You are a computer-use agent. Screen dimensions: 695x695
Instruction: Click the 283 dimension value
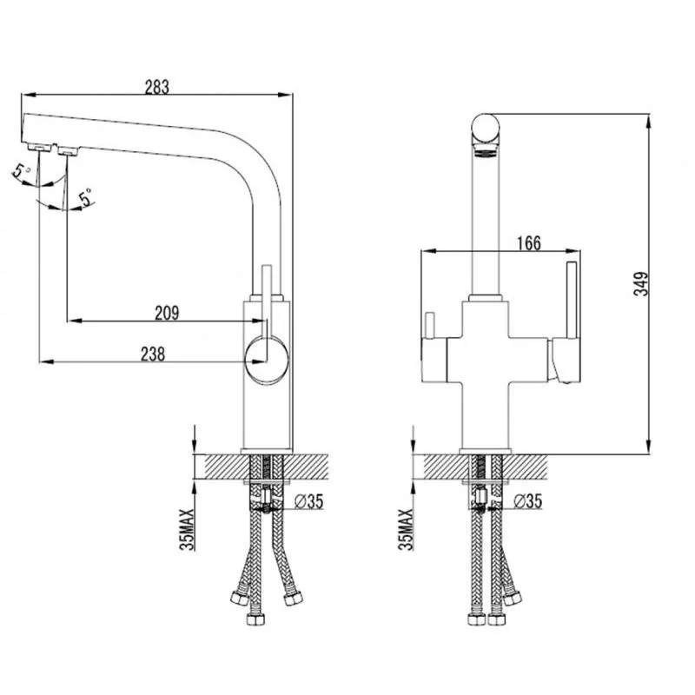click(x=157, y=87)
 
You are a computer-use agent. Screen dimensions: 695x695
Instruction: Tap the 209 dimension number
click(x=167, y=313)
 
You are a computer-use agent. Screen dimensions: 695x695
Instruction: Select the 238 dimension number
click(x=153, y=354)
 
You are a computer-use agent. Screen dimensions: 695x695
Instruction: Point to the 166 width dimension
click(x=529, y=243)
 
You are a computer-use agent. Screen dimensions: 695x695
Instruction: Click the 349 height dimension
click(x=641, y=284)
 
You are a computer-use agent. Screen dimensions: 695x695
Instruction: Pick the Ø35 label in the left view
click(x=309, y=501)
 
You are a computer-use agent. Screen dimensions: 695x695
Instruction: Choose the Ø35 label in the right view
click(x=527, y=501)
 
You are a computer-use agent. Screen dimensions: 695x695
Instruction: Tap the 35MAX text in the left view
click(x=187, y=530)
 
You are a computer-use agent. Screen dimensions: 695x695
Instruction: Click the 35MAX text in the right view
click(x=405, y=530)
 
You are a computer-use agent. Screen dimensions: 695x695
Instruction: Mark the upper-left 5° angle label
click(x=21, y=170)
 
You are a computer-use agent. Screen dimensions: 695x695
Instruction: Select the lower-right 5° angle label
click(x=86, y=198)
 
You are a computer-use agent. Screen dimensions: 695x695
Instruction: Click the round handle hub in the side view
click(x=267, y=360)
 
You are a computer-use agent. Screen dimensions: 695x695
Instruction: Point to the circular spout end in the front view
click(x=486, y=128)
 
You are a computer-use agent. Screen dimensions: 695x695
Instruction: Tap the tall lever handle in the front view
click(x=572, y=301)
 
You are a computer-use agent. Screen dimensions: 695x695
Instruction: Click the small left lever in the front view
click(x=429, y=325)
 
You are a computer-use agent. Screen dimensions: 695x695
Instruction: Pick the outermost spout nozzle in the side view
click(x=40, y=148)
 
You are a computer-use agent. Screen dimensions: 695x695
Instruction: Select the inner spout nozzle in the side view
click(x=68, y=151)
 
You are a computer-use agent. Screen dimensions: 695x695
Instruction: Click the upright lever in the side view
click(x=267, y=301)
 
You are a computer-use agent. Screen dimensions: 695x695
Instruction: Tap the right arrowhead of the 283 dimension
click(x=285, y=94)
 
